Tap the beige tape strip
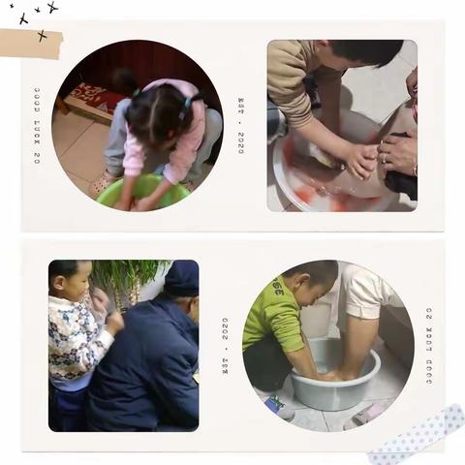30,43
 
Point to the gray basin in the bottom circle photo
335,378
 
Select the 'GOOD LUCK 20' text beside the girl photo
37,126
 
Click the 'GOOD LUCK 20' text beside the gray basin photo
429,346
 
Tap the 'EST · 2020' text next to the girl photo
242,125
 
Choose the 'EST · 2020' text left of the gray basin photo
226,346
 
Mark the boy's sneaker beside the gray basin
280,407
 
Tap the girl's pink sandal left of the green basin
101,183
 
